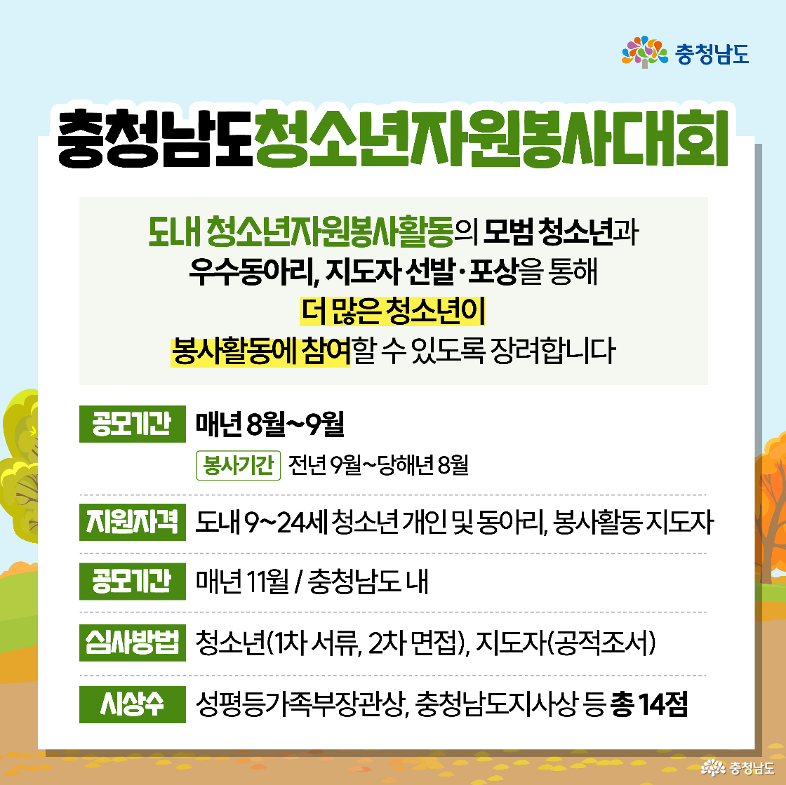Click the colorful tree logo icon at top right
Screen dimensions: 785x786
tap(644, 52)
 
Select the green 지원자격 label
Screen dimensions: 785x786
tap(132, 523)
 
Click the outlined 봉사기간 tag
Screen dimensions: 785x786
tap(238, 465)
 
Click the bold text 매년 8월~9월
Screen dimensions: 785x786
tap(270, 423)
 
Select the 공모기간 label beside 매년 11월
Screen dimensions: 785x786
tap(132, 582)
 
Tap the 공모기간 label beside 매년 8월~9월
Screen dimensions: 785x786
tap(132, 423)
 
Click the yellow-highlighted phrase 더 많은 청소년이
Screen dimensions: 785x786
tap(392, 311)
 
